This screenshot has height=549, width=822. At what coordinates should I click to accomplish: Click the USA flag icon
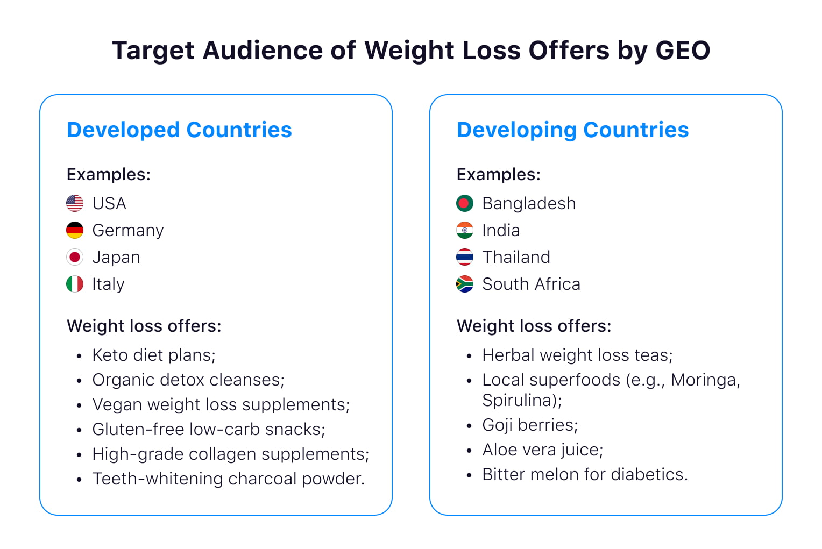[x=75, y=203]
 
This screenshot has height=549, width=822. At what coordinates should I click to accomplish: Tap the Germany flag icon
[x=75, y=230]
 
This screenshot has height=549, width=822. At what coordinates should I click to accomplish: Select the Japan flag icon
[x=75, y=257]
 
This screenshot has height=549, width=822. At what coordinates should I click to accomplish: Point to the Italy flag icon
[x=75, y=284]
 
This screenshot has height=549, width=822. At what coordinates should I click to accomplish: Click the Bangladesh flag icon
[x=465, y=203]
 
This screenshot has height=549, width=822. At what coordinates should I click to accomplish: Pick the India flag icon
[x=465, y=230]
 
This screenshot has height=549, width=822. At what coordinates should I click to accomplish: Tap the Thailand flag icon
[x=465, y=257]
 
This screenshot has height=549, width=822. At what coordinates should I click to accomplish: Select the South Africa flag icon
[x=465, y=284]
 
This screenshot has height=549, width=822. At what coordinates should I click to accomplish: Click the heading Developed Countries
[x=179, y=130]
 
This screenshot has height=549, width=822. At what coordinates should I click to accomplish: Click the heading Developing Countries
[x=572, y=130]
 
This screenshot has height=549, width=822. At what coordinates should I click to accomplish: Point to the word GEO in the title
[x=683, y=51]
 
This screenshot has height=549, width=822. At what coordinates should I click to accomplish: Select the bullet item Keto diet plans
[x=154, y=355]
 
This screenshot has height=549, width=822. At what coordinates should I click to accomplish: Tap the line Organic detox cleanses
[x=188, y=380]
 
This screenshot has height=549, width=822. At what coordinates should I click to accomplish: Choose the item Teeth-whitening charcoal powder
[x=229, y=479]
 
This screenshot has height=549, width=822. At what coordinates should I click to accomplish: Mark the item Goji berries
[x=530, y=425]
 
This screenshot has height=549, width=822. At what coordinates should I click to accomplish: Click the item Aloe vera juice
[x=543, y=450]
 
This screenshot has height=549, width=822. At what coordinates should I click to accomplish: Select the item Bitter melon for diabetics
[x=585, y=474]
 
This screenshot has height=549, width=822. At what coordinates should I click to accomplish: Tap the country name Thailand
[x=516, y=257]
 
